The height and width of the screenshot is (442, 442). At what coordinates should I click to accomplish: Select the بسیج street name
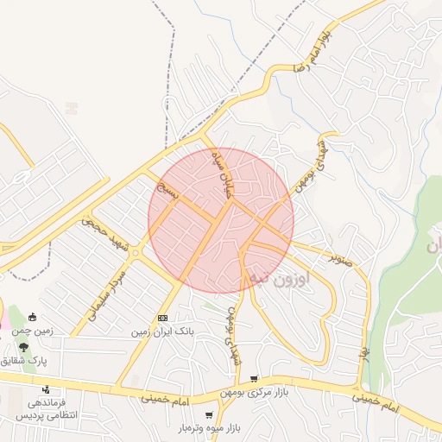[170, 189]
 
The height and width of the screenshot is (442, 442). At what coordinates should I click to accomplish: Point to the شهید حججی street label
[104, 233]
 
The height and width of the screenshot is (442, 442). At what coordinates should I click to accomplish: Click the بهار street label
[364, 353]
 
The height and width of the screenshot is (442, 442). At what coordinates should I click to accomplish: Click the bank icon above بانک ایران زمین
[162, 319]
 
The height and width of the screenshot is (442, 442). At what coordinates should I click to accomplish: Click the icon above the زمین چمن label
[33, 316]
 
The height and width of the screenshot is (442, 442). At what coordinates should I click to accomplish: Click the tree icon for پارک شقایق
[23, 346]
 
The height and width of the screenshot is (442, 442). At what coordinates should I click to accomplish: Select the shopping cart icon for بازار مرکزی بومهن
[254, 379]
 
